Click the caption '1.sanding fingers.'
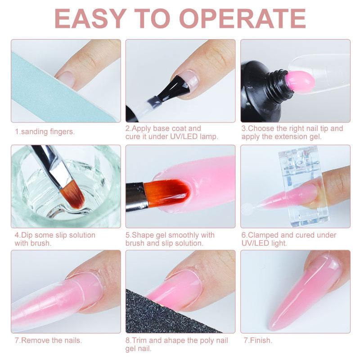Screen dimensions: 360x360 tap(45, 132)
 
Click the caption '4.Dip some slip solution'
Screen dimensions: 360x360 tap(55, 235)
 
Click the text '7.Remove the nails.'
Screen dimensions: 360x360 tap(49, 341)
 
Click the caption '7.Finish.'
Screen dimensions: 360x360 tap(257, 341)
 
